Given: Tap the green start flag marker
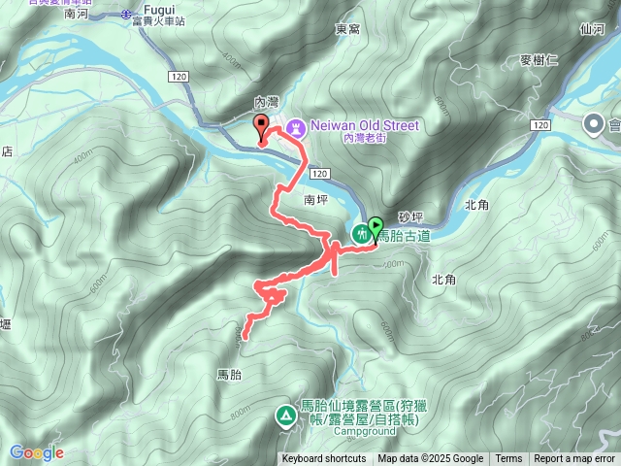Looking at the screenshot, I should click(376, 226).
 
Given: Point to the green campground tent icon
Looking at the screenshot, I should click(286, 416).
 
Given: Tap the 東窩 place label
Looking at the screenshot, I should click(347, 29).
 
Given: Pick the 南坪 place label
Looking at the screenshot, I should click(316, 198).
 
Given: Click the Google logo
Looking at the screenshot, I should click(36, 452).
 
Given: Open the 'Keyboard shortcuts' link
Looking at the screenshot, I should click(324, 459).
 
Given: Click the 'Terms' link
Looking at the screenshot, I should click(508, 459).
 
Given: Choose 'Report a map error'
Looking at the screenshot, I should click(575, 459).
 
